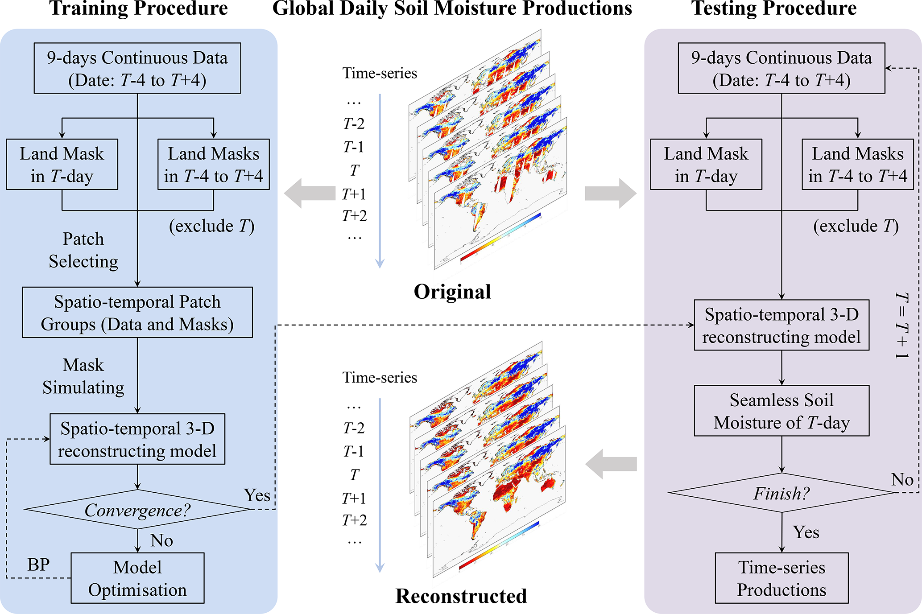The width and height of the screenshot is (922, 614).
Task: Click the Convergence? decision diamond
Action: click(x=137, y=510)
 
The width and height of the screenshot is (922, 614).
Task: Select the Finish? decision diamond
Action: click(x=781, y=493)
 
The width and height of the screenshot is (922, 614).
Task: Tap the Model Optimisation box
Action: click(x=137, y=578)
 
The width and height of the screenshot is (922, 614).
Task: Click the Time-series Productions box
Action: click(x=781, y=578)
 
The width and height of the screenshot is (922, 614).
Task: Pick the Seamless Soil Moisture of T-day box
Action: click(x=781, y=411)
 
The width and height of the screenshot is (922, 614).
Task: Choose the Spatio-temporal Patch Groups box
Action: click(x=137, y=313)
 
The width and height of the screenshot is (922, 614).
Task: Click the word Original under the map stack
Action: click(x=452, y=292)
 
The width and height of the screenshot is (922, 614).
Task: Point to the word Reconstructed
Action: click(x=461, y=596)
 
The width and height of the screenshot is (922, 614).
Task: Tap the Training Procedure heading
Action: click(x=138, y=9)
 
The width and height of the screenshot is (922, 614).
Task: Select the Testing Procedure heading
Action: click(x=774, y=9)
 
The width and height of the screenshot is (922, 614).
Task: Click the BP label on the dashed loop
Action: click(x=38, y=565)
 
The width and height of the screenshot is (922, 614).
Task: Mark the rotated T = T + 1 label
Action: click(x=902, y=326)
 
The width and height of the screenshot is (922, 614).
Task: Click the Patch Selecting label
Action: click(x=83, y=250)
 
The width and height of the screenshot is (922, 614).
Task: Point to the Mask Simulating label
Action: click(x=83, y=376)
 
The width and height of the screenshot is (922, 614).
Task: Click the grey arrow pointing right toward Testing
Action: click(x=610, y=193)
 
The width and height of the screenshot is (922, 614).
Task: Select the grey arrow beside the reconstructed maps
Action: click(x=611, y=464)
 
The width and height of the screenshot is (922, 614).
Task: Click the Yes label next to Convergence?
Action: click(x=257, y=495)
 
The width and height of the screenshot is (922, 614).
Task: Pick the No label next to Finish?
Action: click(x=902, y=480)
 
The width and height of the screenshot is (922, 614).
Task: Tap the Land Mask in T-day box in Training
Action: click(x=62, y=165)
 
